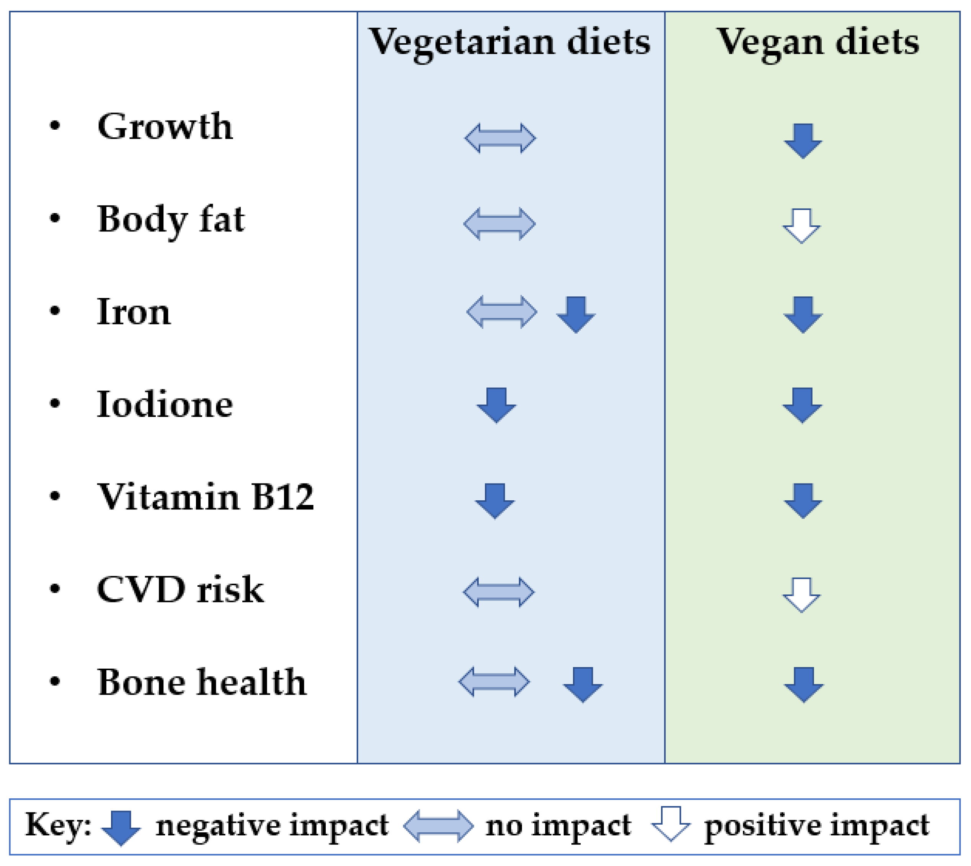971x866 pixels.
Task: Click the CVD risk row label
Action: click(x=180, y=589)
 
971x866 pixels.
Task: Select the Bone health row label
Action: click(x=202, y=682)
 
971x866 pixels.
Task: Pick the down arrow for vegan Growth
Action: click(x=803, y=141)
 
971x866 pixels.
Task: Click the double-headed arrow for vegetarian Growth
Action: click(x=500, y=138)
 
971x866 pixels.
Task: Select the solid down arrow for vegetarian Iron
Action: click(x=576, y=314)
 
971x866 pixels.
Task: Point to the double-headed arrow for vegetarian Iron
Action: click(x=502, y=312)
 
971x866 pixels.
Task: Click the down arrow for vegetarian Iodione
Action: click(x=496, y=405)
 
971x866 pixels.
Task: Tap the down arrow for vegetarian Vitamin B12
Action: click(x=495, y=501)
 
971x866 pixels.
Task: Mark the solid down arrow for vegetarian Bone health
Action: click(x=583, y=685)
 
